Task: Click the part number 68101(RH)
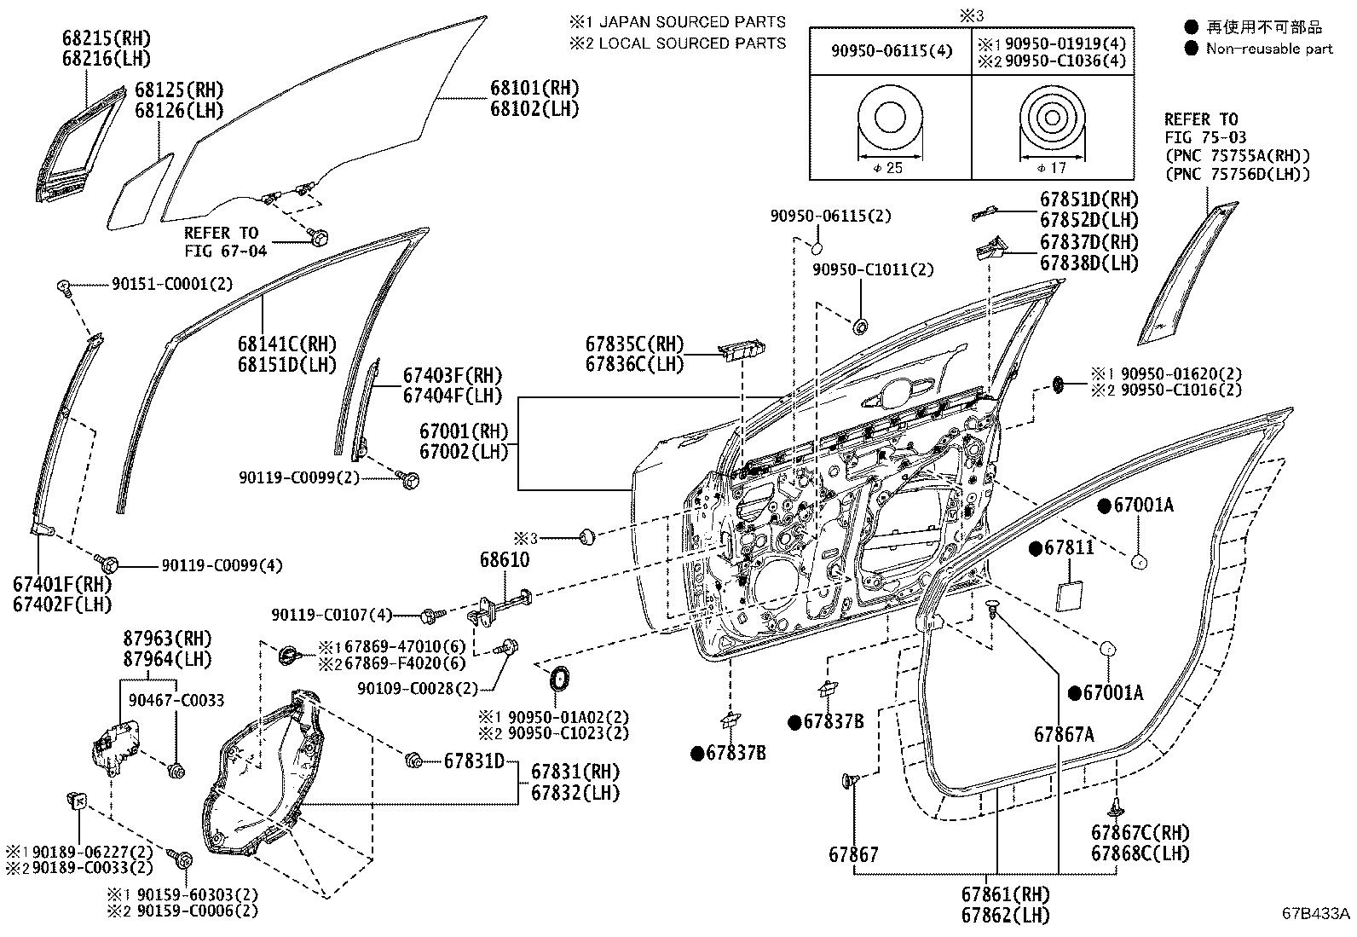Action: [x=534, y=89]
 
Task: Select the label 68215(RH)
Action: [x=107, y=38]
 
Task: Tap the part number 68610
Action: [x=505, y=559]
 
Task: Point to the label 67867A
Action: [x=1064, y=735]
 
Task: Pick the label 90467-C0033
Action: [x=176, y=701]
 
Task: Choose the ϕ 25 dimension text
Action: [x=888, y=168]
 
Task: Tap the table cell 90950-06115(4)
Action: [x=892, y=51]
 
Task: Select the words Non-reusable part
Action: [x=1269, y=49]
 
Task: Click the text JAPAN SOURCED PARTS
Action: [x=692, y=22]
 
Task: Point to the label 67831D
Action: [x=474, y=761]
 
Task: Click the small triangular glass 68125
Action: [x=139, y=193]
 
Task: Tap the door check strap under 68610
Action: [x=500, y=607]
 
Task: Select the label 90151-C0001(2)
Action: [x=172, y=284]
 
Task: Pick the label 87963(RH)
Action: [x=168, y=639]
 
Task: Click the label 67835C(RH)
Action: [x=634, y=344]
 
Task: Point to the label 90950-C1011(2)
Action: [x=873, y=269]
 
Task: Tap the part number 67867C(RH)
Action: [x=1140, y=833]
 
